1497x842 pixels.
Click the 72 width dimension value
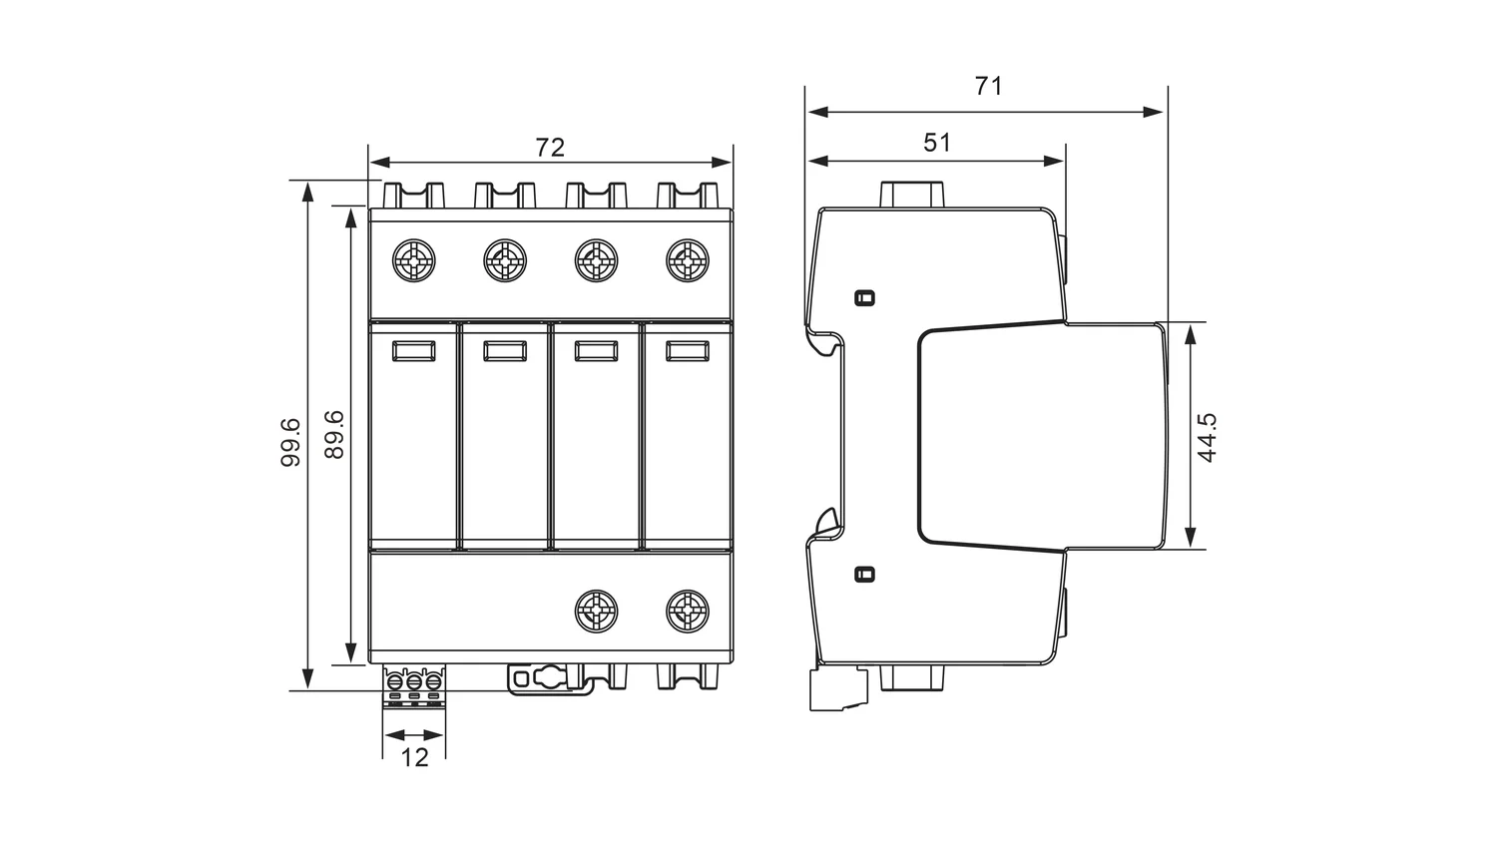point(550,148)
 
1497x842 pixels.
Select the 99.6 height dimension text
point(290,442)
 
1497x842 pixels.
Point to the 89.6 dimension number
point(333,434)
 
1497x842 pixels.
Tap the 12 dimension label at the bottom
point(414,758)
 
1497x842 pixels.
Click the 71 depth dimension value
point(988,86)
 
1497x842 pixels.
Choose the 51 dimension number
point(937,143)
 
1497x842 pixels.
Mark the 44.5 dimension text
point(1207,438)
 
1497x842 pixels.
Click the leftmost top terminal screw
point(414,260)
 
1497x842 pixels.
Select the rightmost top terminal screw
point(688,260)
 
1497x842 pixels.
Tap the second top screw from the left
point(505,260)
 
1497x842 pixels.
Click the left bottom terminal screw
point(596,611)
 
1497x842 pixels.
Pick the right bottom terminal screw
point(688,611)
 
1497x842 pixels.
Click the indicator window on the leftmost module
point(414,351)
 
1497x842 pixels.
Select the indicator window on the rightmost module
point(688,351)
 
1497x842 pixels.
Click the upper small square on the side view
point(865,298)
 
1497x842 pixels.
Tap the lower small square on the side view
point(865,574)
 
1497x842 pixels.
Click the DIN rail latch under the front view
point(550,679)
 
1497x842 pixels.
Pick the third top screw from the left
point(596,260)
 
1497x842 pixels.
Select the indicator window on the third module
point(596,351)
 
